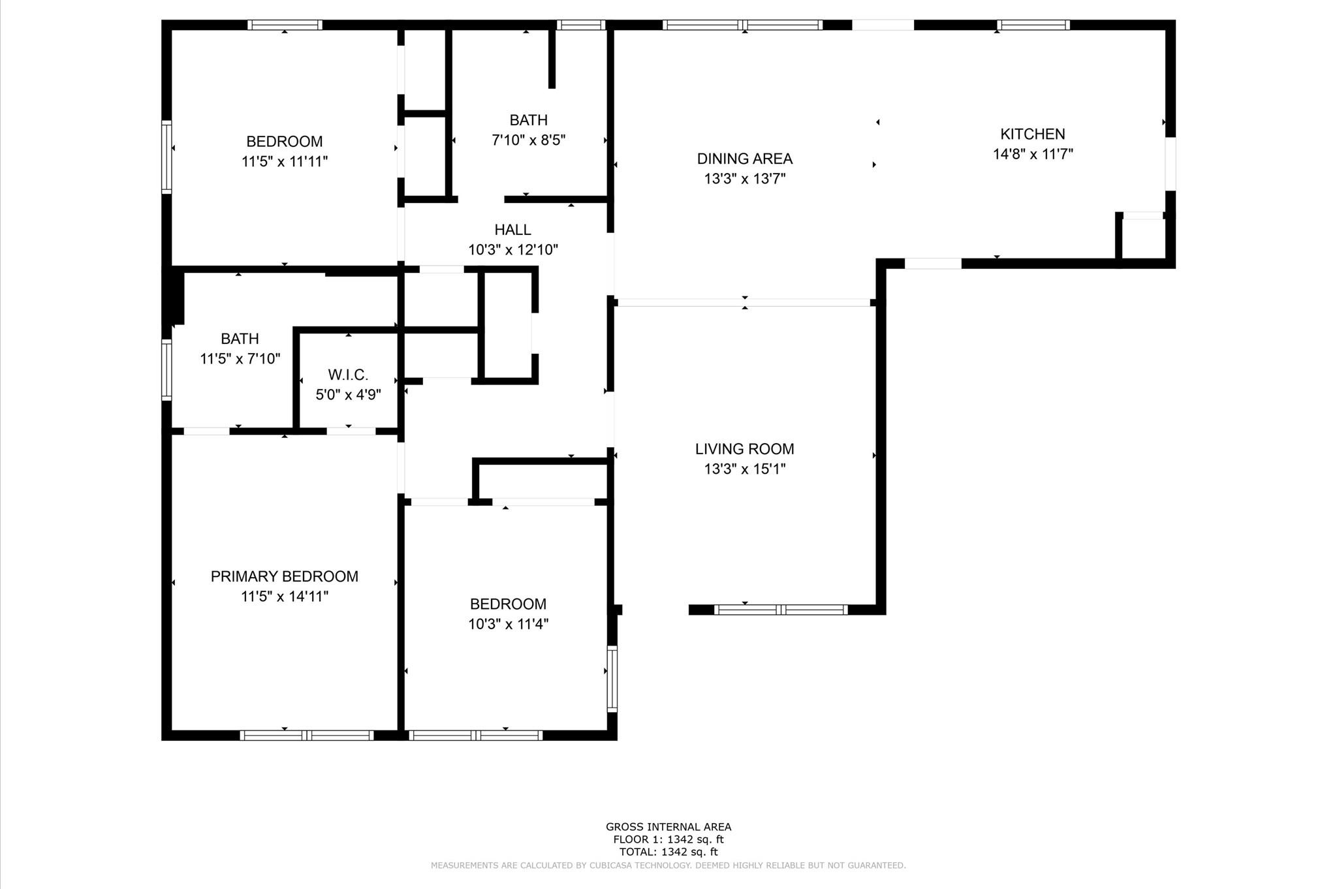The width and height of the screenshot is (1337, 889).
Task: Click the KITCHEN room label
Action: click(x=1032, y=134)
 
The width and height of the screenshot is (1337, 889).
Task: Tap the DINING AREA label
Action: click(x=744, y=159)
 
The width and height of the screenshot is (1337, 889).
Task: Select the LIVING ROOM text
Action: click(x=744, y=449)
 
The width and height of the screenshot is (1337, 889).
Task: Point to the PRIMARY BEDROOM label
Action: click(x=284, y=576)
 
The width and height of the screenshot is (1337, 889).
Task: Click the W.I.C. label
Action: click(x=348, y=375)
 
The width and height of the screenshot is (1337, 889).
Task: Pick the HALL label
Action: click(x=512, y=230)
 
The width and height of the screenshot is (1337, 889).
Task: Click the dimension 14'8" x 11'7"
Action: click(x=1032, y=154)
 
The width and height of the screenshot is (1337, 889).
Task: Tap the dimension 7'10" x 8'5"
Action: click(x=528, y=140)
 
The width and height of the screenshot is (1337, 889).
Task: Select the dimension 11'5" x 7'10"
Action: click(x=240, y=358)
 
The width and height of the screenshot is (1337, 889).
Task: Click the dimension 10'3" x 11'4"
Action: click(x=508, y=624)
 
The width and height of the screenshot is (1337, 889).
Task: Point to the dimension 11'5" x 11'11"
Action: click(x=284, y=161)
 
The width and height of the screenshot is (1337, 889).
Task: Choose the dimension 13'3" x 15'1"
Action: click(x=744, y=469)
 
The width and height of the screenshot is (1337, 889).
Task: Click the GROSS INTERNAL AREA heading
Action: click(x=668, y=827)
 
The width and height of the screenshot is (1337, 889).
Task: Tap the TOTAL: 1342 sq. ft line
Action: click(x=668, y=852)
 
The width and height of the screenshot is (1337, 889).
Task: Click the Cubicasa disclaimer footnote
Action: click(x=668, y=866)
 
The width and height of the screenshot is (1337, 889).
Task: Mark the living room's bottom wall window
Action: click(x=781, y=610)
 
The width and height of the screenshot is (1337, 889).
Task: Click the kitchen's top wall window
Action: click(x=1033, y=25)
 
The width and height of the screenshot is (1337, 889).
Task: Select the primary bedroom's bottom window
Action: click(x=307, y=736)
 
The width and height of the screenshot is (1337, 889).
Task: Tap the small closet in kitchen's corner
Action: click(x=1142, y=240)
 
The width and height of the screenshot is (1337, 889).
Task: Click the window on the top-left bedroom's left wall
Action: click(x=166, y=157)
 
